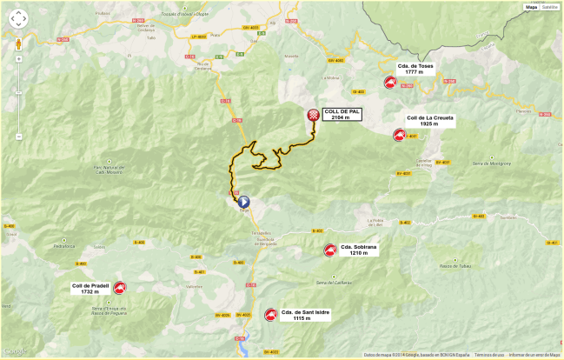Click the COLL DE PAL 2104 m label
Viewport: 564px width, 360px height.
[341, 114]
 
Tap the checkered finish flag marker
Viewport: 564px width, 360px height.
[313, 115]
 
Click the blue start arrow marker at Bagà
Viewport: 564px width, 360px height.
[243, 201]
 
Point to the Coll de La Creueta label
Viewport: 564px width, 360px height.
[430, 121]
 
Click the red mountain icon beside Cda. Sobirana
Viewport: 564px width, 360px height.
[329, 250]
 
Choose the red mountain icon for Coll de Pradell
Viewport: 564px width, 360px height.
[119, 288]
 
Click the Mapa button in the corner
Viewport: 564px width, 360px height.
[530, 7]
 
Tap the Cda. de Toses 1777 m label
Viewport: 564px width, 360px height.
[415, 69]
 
